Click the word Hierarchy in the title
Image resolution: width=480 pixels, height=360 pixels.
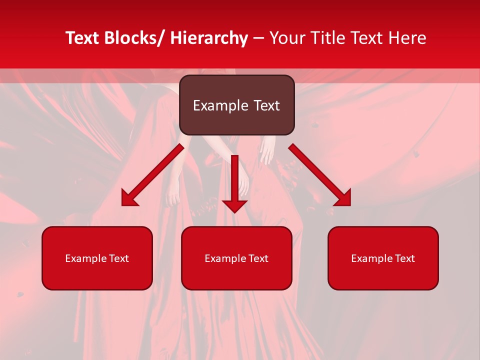209,38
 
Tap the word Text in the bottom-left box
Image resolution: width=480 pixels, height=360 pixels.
119,258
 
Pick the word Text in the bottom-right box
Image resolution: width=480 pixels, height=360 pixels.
404,258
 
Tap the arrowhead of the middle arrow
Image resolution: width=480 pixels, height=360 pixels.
235,205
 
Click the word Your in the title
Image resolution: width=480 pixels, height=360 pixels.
286,38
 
